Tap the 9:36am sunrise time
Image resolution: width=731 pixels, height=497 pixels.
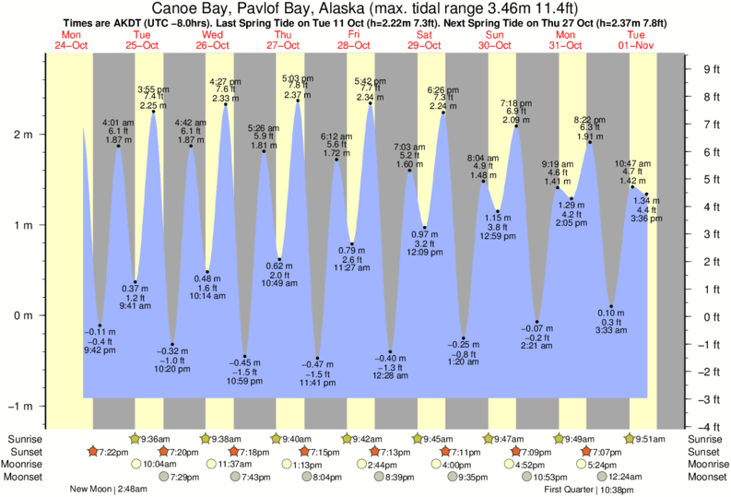pyautogui.click(x=154, y=440)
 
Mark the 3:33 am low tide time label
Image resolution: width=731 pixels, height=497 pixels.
pyautogui.click(x=611, y=329)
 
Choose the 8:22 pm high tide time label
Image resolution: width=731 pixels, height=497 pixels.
pyautogui.click(x=590, y=120)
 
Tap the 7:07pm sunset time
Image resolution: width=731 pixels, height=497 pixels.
pyautogui.click(x=600, y=453)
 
